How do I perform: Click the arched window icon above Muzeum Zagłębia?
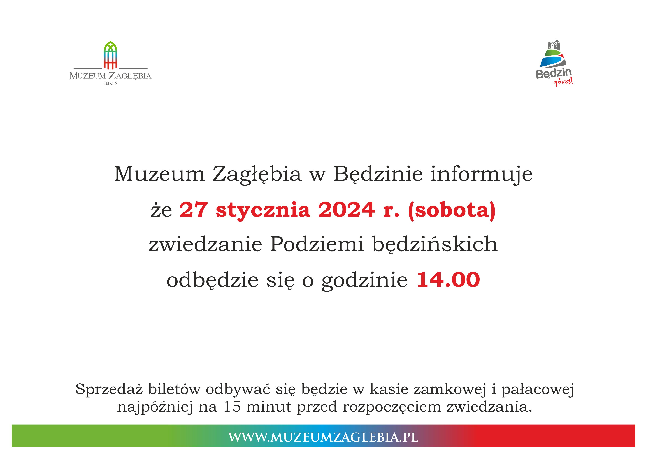pyautogui.click(x=110, y=55)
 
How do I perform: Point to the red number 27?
pyautogui.click(x=194, y=210)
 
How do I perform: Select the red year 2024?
pyautogui.click(x=347, y=210)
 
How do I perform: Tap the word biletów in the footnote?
pyautogui.click(x=174, y=389)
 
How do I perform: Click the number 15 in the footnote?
pyautogui.click(x=232, y=407)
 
